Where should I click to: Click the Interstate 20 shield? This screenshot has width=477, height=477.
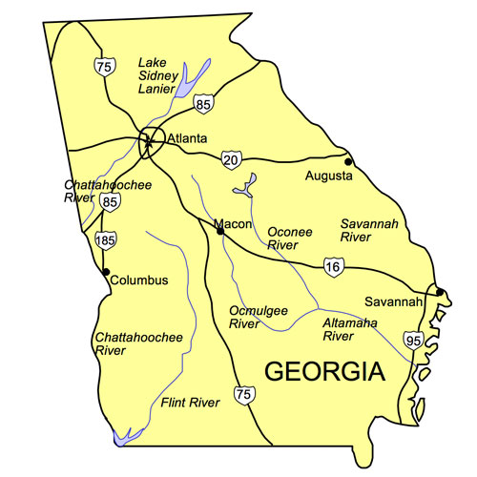click(x=232, y=157)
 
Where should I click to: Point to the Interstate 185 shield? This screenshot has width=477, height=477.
click(x=105, y=239)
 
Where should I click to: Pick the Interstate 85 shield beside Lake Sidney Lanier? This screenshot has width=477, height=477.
click(x=202, y=103)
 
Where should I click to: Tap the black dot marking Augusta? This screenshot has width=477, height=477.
click(x=349, y=161)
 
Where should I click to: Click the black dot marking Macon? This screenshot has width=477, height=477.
click(x=219, y=230)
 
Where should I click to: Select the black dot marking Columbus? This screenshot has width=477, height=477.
click(x=105, y=271)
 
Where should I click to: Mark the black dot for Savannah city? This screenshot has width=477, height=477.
click(x=440, y=292)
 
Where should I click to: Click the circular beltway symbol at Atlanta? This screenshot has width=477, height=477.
click(x=151, y=141)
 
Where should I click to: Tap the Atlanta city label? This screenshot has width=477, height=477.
click(x=187, y=139)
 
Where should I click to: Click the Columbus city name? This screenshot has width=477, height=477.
click(x=138, y=280)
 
